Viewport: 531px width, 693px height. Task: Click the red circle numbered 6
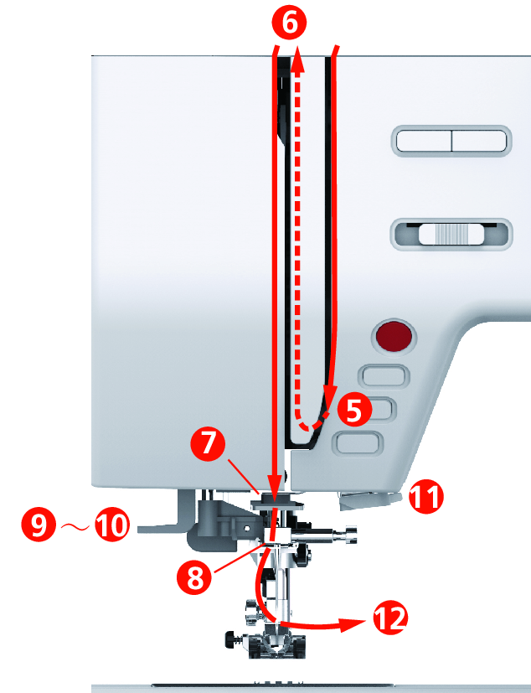point(289,22)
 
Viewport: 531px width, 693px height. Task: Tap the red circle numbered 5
point(355,411)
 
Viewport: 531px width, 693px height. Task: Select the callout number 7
point(209,443)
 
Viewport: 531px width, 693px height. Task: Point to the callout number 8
point(195,577)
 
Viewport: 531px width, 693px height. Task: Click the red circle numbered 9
point(39,525)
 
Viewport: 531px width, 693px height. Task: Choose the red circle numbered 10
point(112,525)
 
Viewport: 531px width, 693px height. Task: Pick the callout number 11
point(425,497)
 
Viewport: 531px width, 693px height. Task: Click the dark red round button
point(394,335)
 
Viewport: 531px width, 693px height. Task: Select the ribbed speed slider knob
point(451,234)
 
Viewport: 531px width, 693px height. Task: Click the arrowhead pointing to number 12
point(353,623)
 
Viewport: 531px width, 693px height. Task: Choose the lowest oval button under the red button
point(358,442)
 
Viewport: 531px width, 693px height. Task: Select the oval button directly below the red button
point(384,376)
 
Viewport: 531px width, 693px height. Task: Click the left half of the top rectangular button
point(424,141)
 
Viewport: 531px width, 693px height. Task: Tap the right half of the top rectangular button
point(479,141)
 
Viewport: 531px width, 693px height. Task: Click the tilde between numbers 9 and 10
point(75,526)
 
